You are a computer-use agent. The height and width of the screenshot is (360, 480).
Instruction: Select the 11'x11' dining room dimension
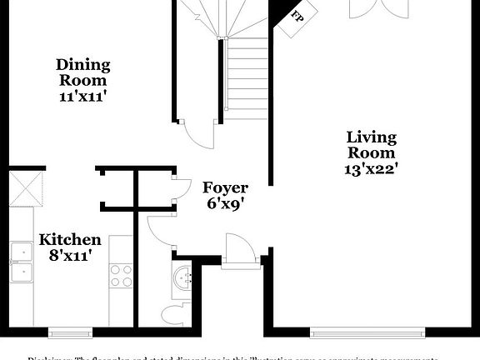[x=82, y=96]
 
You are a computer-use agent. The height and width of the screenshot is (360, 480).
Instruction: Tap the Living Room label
[x=371, y=145]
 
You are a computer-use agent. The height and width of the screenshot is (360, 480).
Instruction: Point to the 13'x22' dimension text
[x=371, y=168]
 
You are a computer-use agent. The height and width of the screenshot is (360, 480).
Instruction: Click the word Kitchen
[x=70, y=240]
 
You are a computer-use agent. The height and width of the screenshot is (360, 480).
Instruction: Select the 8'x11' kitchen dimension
[x=70, y=255]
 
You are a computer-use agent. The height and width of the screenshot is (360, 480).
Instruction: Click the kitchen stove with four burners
[x=122, y=275]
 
